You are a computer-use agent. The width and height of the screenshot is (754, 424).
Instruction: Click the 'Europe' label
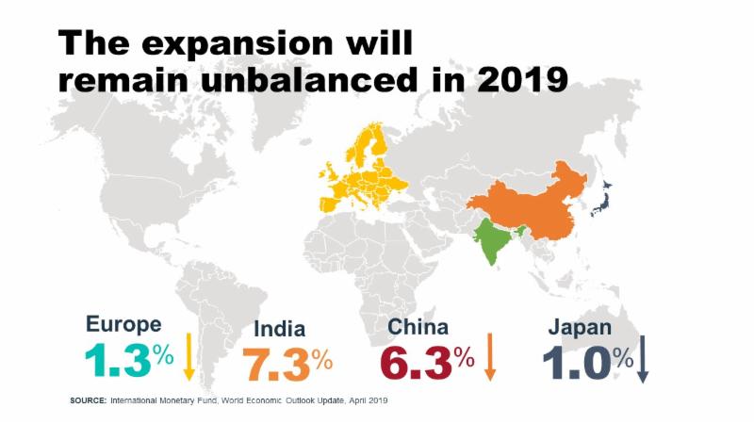coord(123,325)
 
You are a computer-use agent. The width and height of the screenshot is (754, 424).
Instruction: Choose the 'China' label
coord(418,326)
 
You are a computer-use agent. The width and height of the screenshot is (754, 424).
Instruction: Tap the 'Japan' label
coord(581,327)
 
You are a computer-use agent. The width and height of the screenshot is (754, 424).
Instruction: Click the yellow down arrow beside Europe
coord(188,355)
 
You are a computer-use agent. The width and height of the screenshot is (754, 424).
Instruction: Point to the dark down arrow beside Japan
coord(644,355)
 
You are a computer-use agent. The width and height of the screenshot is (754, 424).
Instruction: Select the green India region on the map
coord(492,239)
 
